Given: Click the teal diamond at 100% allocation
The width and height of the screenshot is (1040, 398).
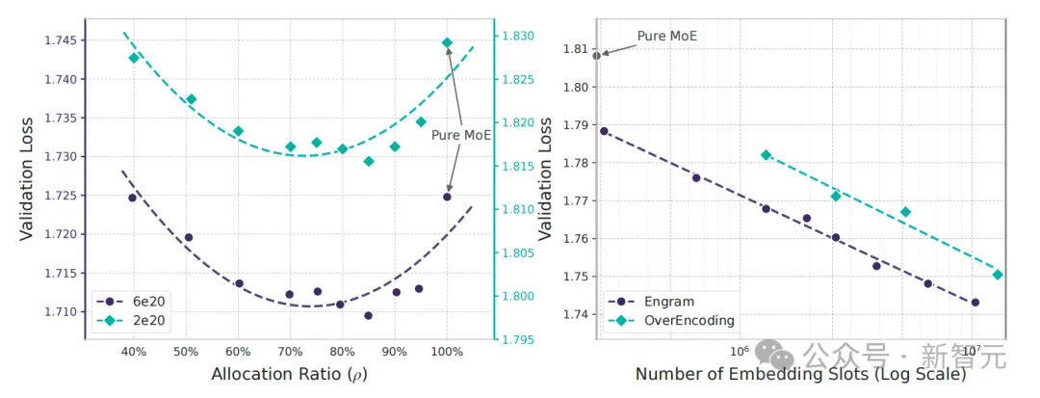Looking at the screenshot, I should pos(447,42).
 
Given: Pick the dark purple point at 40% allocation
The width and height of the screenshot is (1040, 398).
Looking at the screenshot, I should pos(133,198).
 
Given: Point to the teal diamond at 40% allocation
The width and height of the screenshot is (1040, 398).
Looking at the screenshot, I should pos(134,58).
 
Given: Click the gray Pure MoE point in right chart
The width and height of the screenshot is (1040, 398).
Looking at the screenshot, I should pos(597,56).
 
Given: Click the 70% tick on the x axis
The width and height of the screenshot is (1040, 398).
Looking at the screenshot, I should pos(290,352).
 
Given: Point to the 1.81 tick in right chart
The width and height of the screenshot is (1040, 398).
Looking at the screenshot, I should pos(575,49).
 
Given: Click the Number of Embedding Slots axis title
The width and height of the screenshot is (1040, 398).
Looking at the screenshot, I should pos(799,374).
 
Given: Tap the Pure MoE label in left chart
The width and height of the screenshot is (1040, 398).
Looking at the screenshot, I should pos(461,135).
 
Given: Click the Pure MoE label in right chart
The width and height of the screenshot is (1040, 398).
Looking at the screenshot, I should pos(667,37).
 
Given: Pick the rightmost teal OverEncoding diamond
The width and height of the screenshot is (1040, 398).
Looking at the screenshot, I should pos(998,275).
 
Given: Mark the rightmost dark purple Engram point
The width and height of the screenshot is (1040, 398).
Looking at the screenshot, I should pos(975,303).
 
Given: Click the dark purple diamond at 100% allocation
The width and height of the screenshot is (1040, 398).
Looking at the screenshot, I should pos(447,197).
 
